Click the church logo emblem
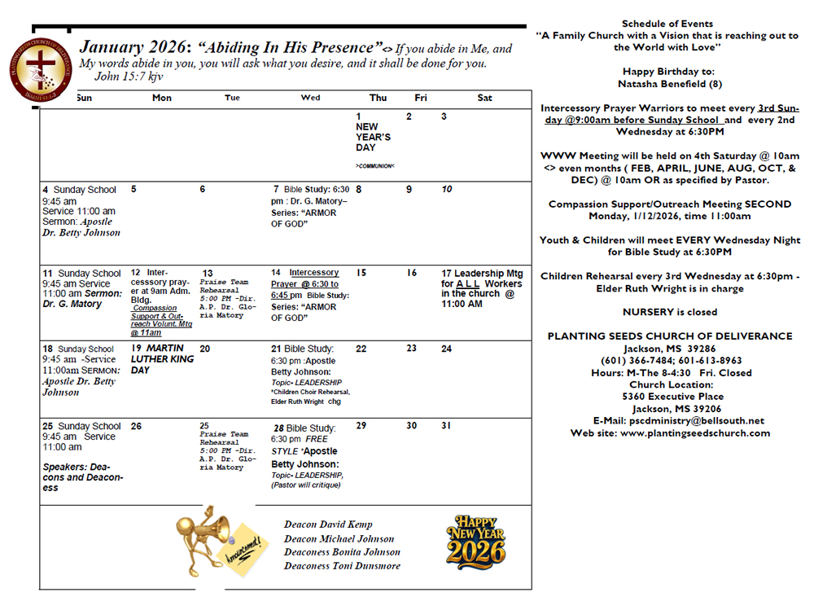[39, 71]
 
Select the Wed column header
[310, 98]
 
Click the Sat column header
[485, 98]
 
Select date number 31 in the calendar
[446, 426]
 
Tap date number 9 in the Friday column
[409, 190]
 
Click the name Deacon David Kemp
[328, 524]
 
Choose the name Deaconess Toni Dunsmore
[342, 566]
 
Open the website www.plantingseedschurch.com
[671, 433]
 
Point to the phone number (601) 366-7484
[632, 361]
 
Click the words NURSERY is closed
[670, 312]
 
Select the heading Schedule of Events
[667, 24]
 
